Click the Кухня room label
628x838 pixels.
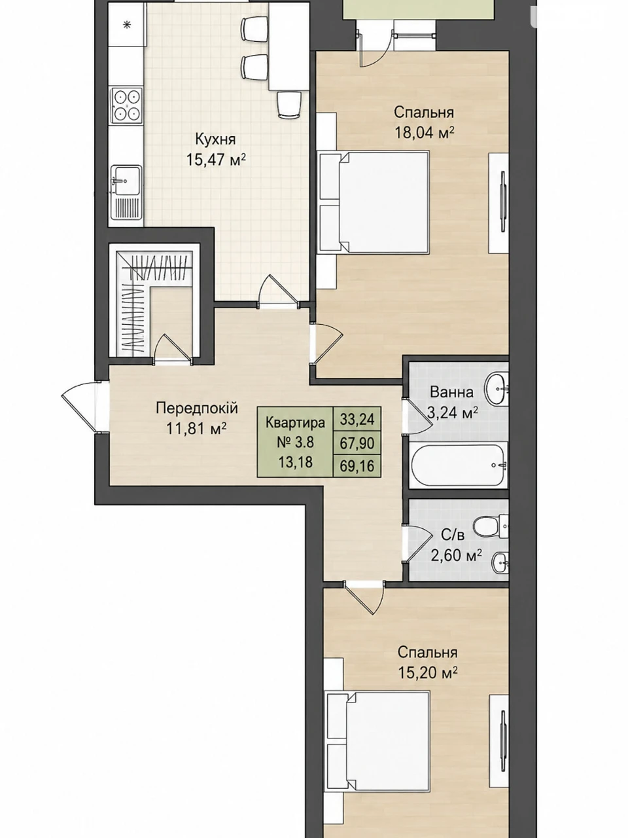coord(215,139)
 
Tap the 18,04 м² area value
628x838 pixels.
coord(425,134)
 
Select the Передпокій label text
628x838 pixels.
coord(197,408)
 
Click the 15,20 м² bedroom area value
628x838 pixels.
coord(427,672)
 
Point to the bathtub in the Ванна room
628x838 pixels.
coord(459,464)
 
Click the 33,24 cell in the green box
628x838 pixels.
coord(357,420)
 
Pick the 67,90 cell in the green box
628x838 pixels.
coord(357,443)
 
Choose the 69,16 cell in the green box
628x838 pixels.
coord(357,465)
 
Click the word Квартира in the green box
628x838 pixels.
coord(295,423)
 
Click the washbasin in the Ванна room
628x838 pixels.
coord(496,388)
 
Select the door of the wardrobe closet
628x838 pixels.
coord(171,348)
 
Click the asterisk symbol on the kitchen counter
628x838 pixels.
coord(126,25)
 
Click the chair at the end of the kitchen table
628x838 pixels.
coord(289,104)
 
